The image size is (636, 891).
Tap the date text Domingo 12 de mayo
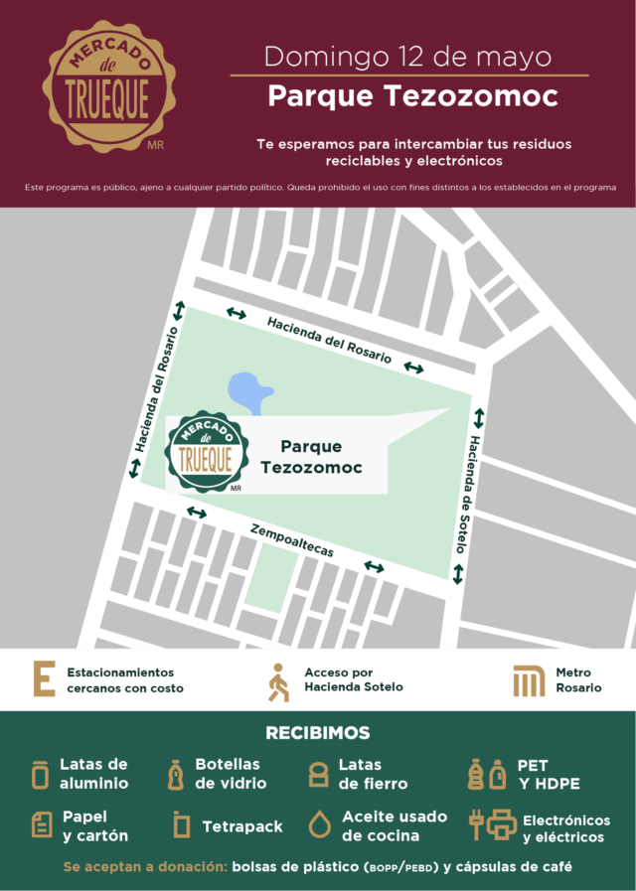tap(408, 55)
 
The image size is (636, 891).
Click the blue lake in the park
tap(249, 392)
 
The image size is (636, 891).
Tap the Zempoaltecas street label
tap(292, 539)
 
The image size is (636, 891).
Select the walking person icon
tap(278, 681)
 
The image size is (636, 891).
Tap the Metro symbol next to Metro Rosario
tap(529, 680)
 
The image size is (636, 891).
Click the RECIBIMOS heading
tap(318, 734)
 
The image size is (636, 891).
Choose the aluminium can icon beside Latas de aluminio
tap(40, 774)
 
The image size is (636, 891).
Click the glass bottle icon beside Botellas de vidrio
tap(175, 774)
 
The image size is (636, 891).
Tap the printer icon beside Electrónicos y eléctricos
tap(502, 824)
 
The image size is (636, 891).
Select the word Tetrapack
tap(242, 825)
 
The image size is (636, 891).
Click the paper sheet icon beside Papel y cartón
tap(42, 824)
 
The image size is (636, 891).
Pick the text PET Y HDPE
tap(548, 775)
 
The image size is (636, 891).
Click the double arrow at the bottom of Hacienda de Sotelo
tap(459, 574)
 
